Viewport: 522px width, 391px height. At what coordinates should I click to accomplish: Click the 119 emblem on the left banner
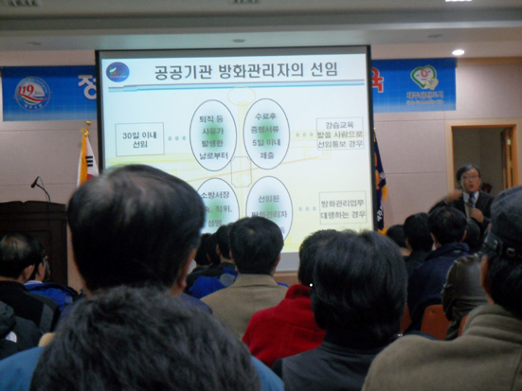pyautogui.click(x=31, y=93)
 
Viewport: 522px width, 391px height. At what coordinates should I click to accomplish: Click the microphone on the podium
pyautogui.click(x=36, y=182)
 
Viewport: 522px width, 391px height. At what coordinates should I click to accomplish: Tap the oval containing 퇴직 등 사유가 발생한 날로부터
pyautogui.click(x=212, y=136)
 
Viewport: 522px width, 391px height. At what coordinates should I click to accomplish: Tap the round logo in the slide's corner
pyautogui.click(x=118, y=72)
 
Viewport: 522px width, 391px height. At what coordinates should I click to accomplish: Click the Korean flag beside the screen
pyautogui.click(x=86, y=156)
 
